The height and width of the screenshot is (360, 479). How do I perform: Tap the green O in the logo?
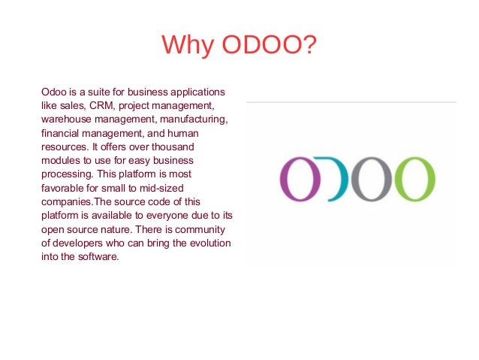[x=415, y=179]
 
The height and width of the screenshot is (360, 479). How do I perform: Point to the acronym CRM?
[x=108, y=106]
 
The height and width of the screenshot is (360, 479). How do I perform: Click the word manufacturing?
[x=197, y=119]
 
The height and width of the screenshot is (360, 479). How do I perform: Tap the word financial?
[x=62, y=133]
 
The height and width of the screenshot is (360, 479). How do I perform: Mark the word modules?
[x=59, y=160]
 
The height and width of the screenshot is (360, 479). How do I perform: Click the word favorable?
[x=62, y=187]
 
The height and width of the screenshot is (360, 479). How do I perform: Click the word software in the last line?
[x=100, y=256]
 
